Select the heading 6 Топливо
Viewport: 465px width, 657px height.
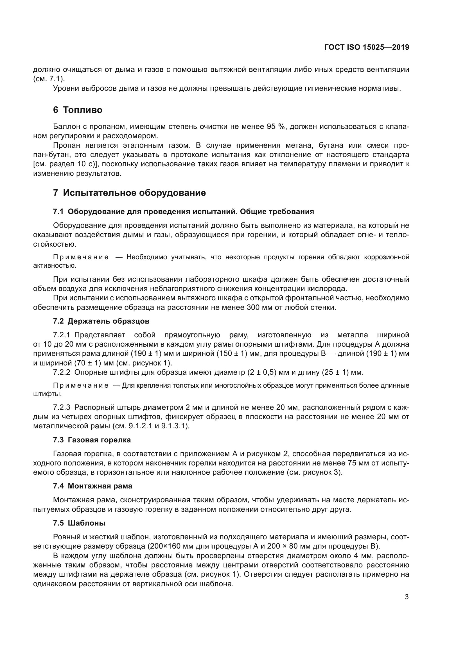tap(78, 110)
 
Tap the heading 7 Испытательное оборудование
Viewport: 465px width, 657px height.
tap(129, 193)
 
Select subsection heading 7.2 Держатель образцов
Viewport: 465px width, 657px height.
tap(101, 321)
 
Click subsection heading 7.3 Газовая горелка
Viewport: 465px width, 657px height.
tap(92, 440)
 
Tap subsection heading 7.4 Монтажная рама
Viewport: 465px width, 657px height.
tap(93, 486)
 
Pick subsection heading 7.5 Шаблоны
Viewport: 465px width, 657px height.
tap(79, 523)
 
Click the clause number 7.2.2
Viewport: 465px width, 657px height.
tap(62, 372)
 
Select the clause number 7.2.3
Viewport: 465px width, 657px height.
tap(62, 407)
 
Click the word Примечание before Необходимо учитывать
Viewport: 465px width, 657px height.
tap(81, 257)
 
